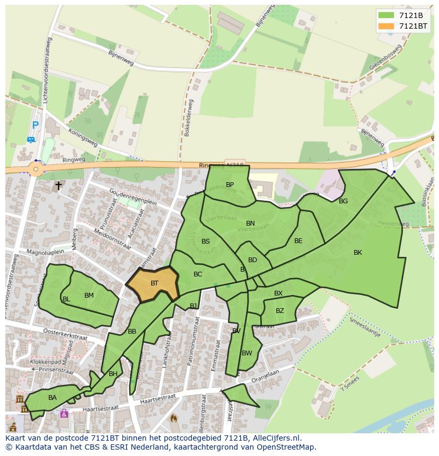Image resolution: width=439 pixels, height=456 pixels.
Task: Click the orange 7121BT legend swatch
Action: tap(387, 26)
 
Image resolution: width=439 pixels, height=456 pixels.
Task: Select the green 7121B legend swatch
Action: tap(387, 15)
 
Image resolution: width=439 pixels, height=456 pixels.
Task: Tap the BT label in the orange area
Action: tap(154, 283)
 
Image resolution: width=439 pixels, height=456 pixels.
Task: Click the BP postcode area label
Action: tap(230, 185)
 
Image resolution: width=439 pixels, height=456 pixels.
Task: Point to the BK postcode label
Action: tap(358, 253)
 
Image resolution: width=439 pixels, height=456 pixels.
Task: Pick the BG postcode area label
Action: tap(343, 201)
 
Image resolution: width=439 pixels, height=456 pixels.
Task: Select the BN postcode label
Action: tap(250, 223)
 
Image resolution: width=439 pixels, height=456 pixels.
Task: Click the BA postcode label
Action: tap(52, 398)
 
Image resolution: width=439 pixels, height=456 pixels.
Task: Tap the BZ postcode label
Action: tap(279, 311)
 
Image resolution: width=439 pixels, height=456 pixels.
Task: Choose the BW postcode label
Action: tap(247, 353)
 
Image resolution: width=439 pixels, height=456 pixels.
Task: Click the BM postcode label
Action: tap(89, 296)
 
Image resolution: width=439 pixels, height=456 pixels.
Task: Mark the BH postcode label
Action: tap(113, 374)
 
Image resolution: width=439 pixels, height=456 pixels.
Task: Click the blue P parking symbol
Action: tap(35, 126)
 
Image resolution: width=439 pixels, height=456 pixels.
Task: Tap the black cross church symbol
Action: tap(58, 186)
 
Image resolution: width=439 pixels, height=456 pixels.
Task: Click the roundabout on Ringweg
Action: tap(36, 170)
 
